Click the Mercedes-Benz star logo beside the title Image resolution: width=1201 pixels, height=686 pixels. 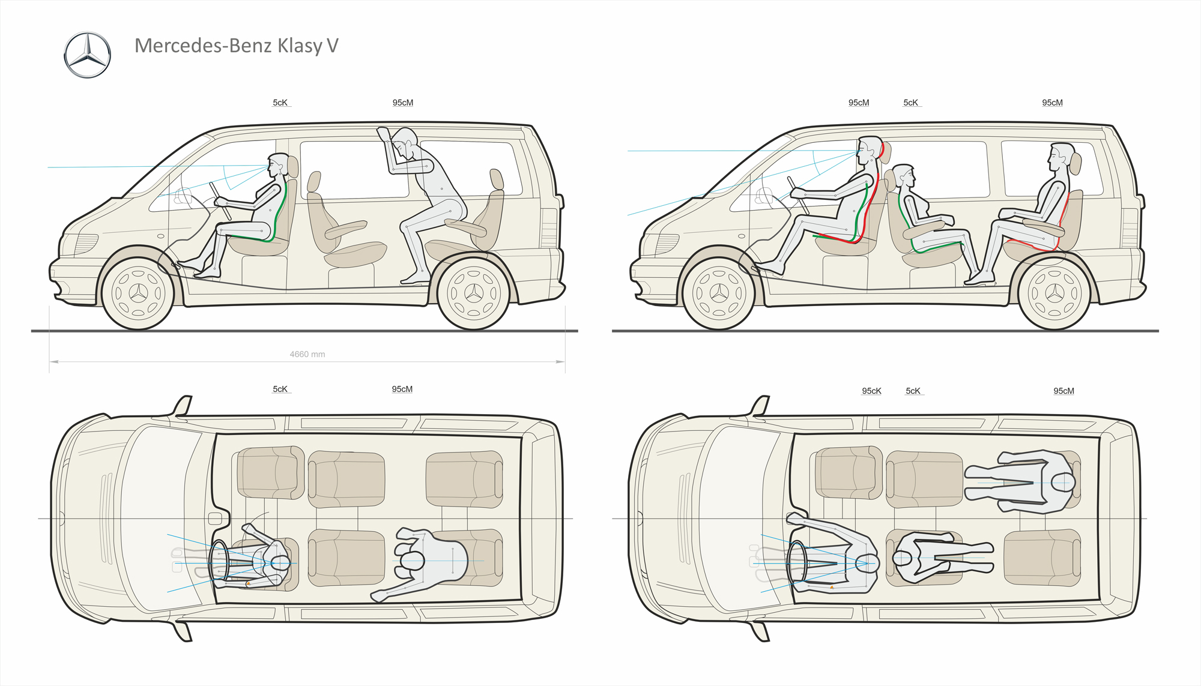88,55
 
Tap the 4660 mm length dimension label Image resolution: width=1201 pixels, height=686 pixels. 307,354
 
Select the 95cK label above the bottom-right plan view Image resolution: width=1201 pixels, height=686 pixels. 871,391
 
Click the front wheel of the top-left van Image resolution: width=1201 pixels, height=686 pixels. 138,293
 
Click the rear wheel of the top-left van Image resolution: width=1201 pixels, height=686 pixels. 474,293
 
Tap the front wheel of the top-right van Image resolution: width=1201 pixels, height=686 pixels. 719,293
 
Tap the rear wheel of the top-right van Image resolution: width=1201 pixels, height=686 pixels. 1054,293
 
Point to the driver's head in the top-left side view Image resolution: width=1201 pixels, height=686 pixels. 278,164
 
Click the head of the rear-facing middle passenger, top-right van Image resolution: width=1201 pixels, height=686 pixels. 904,176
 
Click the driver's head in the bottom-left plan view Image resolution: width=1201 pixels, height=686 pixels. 280,563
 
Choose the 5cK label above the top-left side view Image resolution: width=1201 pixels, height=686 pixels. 280,103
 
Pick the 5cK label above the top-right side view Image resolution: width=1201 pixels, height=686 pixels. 911,103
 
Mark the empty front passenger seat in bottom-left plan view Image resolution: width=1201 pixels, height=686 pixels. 268,473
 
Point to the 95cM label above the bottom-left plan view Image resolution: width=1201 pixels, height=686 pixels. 402,389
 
